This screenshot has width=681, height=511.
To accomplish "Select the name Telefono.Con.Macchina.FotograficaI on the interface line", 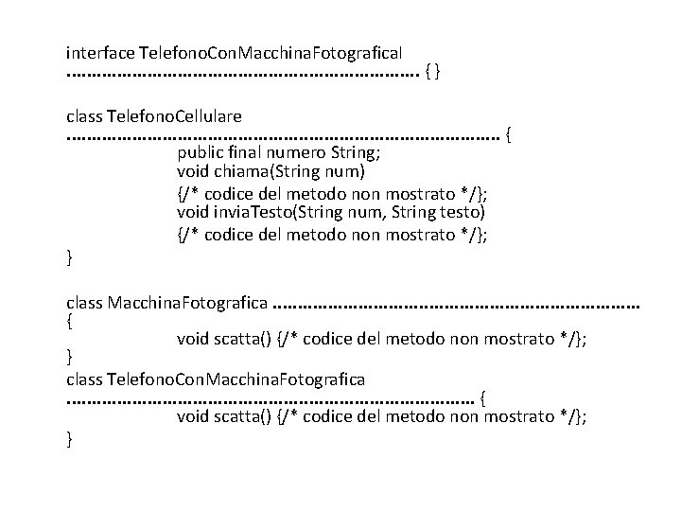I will (271, 46).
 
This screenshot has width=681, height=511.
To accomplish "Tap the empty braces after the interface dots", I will (433, 70).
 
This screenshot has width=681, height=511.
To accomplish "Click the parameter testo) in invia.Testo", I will (465, 214).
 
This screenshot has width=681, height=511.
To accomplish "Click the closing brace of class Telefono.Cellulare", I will (70, 255).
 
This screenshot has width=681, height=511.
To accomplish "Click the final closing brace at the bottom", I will (70, 439).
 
